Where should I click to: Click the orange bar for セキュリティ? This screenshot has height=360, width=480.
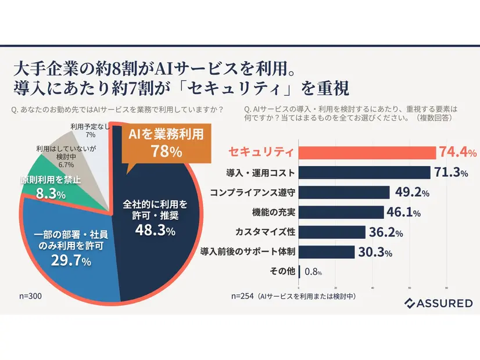click(367, 153)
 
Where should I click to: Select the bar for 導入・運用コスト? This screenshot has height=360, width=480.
click(365, 172)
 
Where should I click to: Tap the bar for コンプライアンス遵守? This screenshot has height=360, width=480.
click(344, 192)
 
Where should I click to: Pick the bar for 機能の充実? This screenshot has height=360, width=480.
click(341, 212)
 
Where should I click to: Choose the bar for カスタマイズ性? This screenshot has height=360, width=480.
click(332, 232)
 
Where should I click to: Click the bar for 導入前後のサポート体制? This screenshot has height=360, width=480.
click(326, 252)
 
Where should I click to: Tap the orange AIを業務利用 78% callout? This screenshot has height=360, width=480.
click(166, 143)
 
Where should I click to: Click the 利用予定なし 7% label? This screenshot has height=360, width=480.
click(90, 130)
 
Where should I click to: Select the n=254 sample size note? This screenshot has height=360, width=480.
click(293, 296)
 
